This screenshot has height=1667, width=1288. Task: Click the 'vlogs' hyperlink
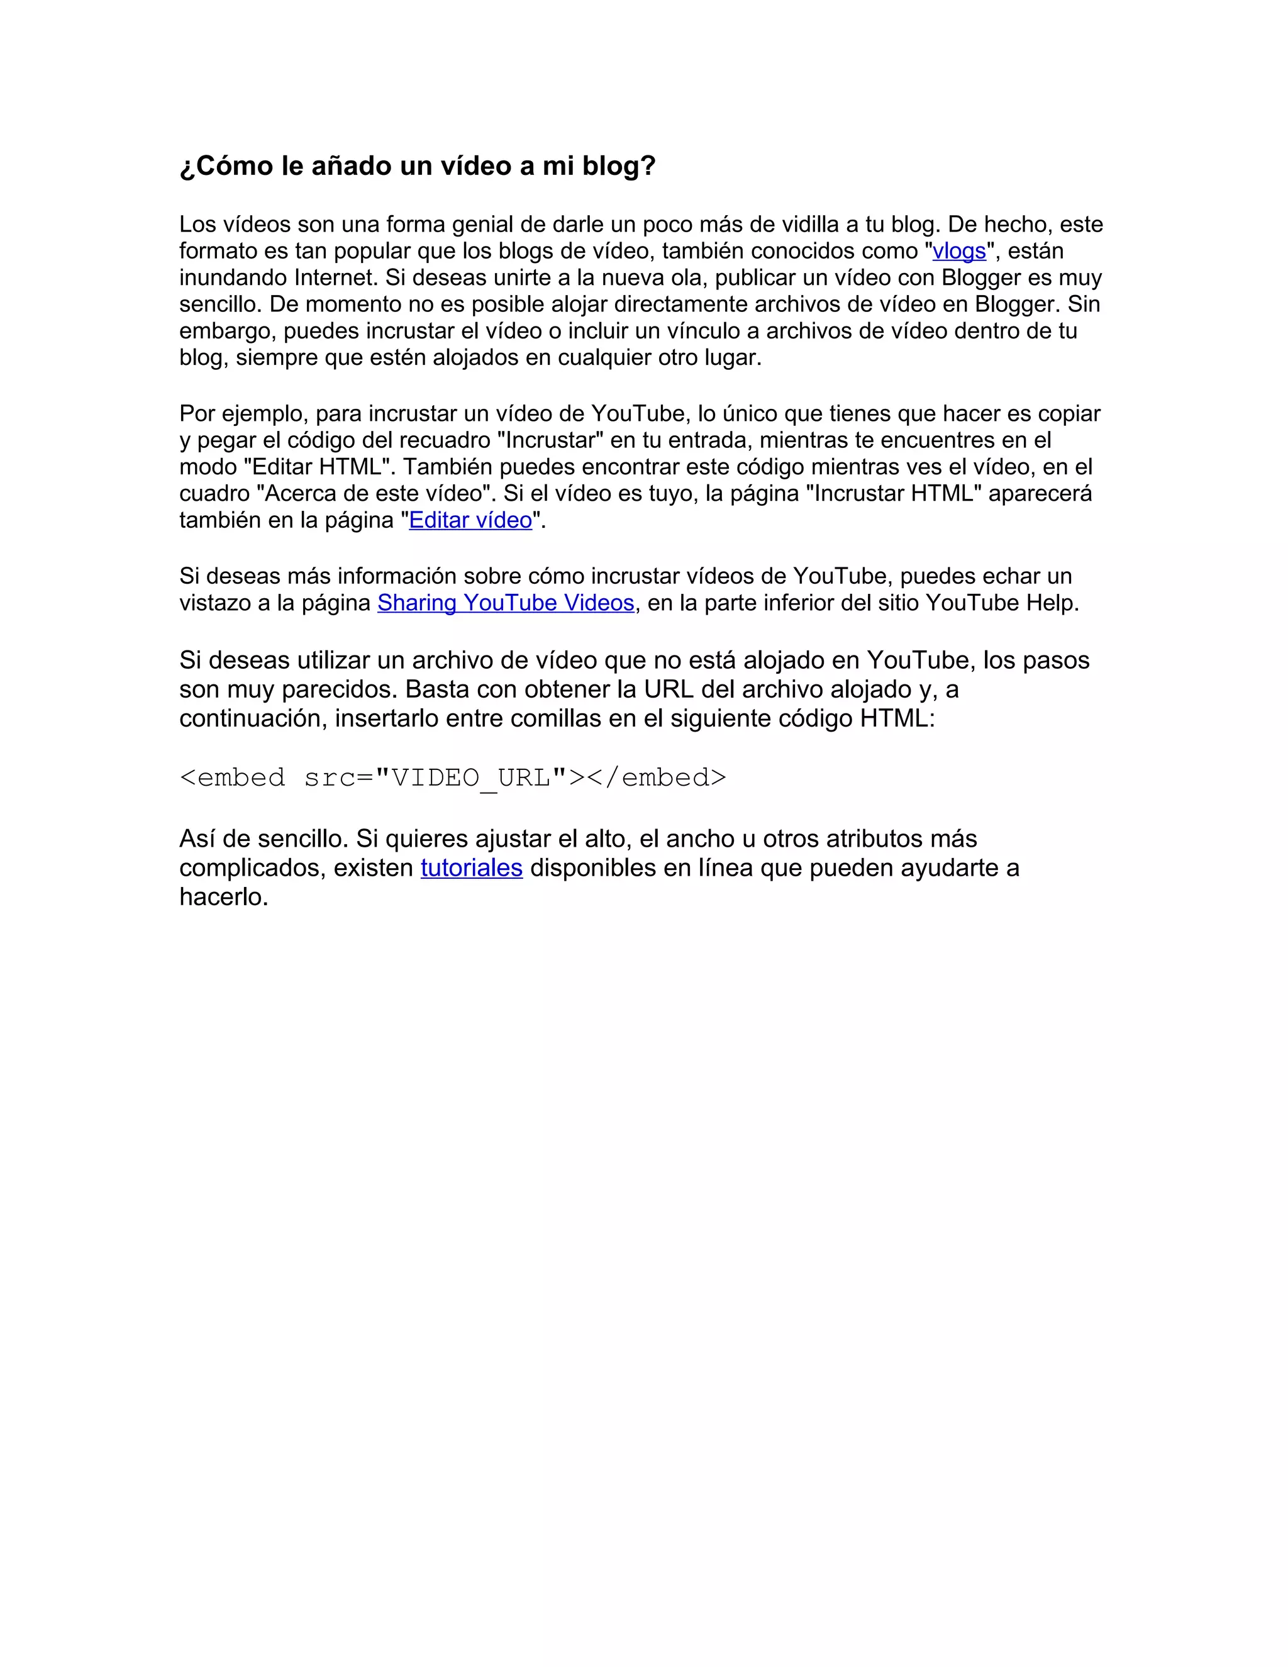point(958,251)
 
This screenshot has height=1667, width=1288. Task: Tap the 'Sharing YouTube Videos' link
point(505,603)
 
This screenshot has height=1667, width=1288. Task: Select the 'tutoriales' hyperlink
point(471,868)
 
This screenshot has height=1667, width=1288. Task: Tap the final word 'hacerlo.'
point(223,897)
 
